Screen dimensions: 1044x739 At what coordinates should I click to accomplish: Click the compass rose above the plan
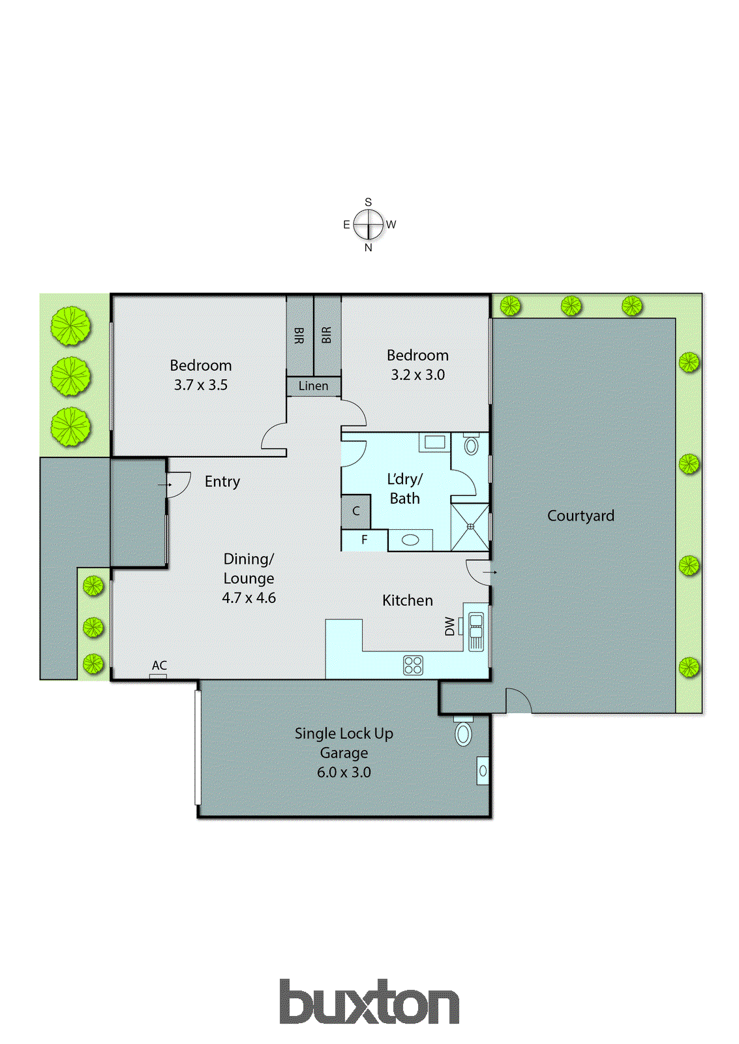tap(369, 224)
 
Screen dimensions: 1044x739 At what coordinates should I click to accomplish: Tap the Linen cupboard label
tap(313, 386)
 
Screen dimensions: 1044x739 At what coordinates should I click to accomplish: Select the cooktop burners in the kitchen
tap(414, 665)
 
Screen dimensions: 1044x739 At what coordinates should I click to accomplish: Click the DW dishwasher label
tap(450, 626)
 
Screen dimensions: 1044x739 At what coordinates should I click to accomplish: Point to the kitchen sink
tap(476, 631)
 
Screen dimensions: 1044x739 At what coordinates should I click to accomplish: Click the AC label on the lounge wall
tap(159, 666)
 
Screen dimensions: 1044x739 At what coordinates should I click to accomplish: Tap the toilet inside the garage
tap(463, 733)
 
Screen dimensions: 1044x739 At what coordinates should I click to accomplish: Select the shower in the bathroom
tap(470, 527)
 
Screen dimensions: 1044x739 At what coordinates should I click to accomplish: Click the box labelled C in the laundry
tap(356, 511)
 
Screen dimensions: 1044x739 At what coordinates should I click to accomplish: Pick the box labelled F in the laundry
tap(365, 540)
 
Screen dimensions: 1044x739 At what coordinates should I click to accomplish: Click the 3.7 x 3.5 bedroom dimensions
tap(201, 385)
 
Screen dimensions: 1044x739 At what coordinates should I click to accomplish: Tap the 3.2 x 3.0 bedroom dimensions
tap(418, 375)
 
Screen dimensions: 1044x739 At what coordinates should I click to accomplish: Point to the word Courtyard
tap(581, 515)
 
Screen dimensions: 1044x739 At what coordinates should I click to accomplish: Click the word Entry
tap(222, 482)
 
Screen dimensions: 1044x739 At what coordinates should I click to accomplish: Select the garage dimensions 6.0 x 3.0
tap(344, 773)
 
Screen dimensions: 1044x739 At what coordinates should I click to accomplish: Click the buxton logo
tap(369, 1002)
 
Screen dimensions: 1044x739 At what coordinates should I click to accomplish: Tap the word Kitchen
tap(408, 600)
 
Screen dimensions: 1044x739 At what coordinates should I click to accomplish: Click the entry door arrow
tap(164, 485)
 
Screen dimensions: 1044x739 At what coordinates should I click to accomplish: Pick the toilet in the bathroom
tap(471, 446)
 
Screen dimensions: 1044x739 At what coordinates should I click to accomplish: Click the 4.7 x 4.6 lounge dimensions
tap(249, 598)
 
